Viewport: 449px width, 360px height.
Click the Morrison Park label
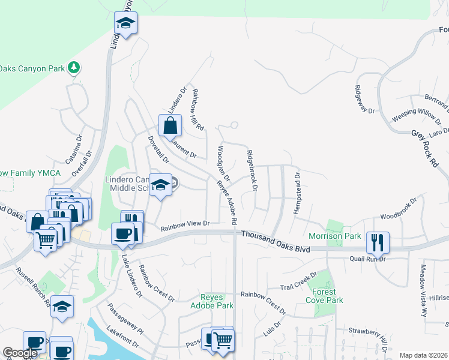pos(335,236)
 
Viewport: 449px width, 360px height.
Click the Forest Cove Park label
pos(324,296)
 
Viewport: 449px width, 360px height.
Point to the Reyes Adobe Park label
pos(216,301)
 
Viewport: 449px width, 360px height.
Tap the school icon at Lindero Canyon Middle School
pos(161,185)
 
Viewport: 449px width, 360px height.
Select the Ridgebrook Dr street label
pos(251,171)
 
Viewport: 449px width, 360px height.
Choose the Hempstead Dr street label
pos(297,190)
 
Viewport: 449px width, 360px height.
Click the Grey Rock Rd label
pos(425,148)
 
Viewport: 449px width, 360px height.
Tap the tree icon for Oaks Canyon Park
pos(74,67)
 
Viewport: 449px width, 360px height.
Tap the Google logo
pos(20,353)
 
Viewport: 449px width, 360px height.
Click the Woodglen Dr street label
pos(223,161)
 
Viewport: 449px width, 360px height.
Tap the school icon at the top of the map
pos(126,24)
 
